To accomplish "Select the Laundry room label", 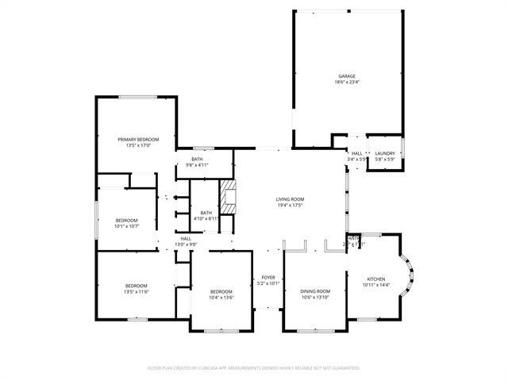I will coord(385,153).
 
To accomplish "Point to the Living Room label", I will coord(290,199).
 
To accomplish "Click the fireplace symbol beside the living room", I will coord(228,198).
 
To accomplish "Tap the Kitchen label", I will coord(375,279).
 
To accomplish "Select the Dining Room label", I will coord(314,291).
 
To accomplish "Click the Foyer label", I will coord(268,277).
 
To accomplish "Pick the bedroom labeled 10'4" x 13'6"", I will coord(221,294).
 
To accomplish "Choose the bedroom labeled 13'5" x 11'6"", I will coord(136,289).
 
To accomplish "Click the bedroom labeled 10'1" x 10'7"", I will coord(126,223).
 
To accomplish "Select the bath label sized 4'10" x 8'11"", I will coord(206,215).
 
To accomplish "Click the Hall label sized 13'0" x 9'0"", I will coord(185,241).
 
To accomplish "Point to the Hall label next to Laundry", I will coord(357,153).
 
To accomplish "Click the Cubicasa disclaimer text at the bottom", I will coord(254,368).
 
